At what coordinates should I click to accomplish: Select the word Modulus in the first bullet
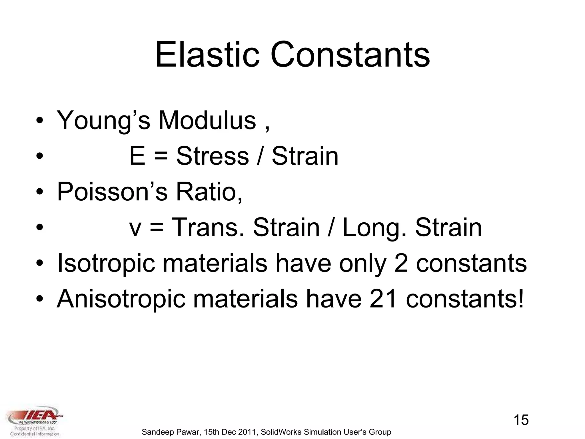207,120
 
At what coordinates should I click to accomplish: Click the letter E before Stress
137,156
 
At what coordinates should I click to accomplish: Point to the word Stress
213,156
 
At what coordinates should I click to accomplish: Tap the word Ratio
209,191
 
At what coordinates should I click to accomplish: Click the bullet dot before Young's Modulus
40,121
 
